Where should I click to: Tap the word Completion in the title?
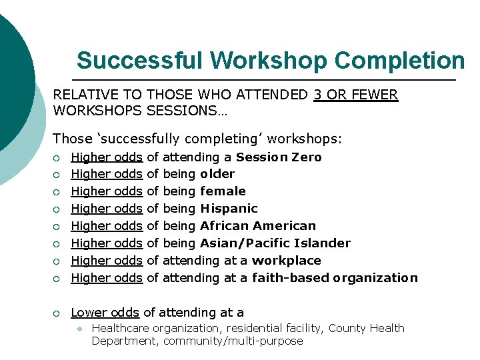[399, 60]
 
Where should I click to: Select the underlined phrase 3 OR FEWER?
[355, 95]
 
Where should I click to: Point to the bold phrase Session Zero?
[279, 157]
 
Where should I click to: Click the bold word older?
[217, 174]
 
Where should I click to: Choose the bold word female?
[223, 191]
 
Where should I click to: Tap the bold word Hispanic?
[229, 209]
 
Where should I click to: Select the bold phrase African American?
[258, 226]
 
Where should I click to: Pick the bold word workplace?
[286, 261]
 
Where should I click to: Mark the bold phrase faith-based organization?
[335, 278]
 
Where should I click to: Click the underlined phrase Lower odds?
[105, 312]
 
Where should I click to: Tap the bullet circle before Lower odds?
[58, 313]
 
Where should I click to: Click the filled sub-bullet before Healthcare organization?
[79, 329]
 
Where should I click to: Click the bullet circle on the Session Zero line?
[58, 157]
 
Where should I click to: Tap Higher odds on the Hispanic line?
[107, 209]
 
